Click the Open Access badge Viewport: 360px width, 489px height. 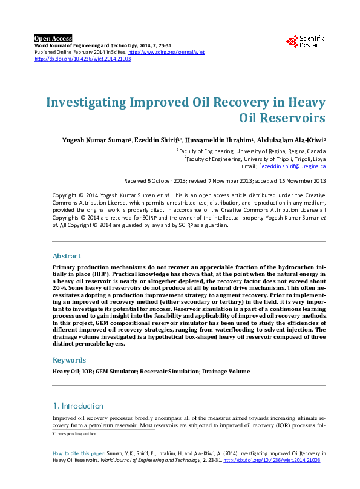point(53,38)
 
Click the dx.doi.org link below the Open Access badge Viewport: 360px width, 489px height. point(83,59)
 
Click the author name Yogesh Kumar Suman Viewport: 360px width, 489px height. point(96,140)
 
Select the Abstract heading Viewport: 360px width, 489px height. point(67,256)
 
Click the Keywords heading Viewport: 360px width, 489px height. point(70,360)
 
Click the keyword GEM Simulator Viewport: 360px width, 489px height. point(113,371)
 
